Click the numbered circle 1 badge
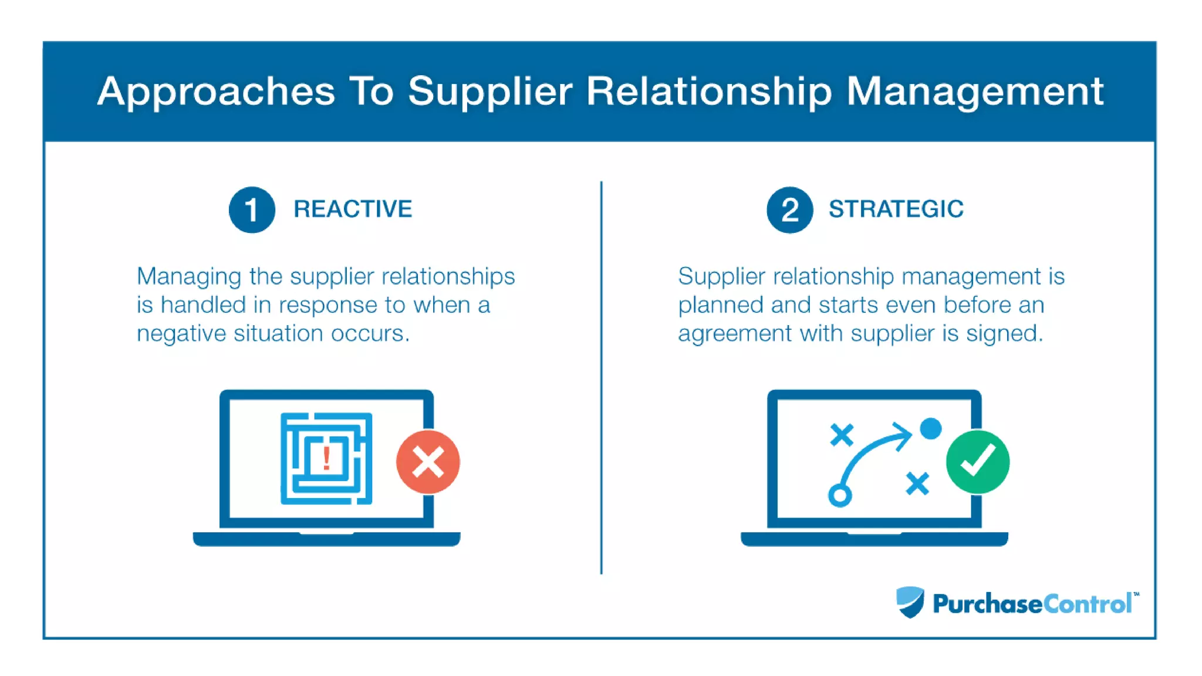(252, 210)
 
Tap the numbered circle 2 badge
(789, 210)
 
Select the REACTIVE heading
(353, 209)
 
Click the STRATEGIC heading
(896, 209)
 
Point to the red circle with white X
(428, 462)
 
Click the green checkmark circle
(977, 462)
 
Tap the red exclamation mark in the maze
(326, 458)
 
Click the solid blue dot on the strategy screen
(930, 428)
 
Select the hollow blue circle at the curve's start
(840, 495)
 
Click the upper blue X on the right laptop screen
(842, 435)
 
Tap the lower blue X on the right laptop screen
(917, 484)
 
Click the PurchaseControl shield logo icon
(910, 602)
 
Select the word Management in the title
(974, 92)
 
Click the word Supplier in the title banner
(489, 92)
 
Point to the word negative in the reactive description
(181, 333)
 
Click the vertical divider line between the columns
(601, 376)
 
